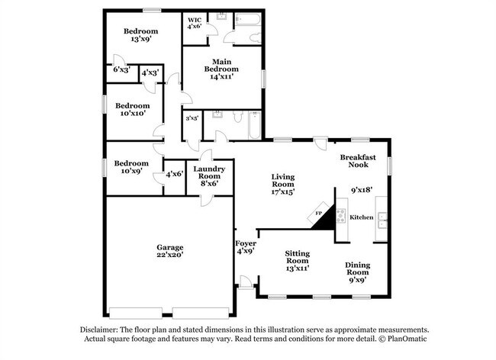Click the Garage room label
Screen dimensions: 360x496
point(169,247)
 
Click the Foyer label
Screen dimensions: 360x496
point(246,243)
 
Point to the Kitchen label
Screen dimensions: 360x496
point(362,217)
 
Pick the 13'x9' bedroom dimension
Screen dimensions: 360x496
point(140,40)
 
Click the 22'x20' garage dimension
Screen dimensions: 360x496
point(169,256)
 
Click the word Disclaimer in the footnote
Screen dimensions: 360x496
point(101,329)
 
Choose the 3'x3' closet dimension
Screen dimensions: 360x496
point(192,118)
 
